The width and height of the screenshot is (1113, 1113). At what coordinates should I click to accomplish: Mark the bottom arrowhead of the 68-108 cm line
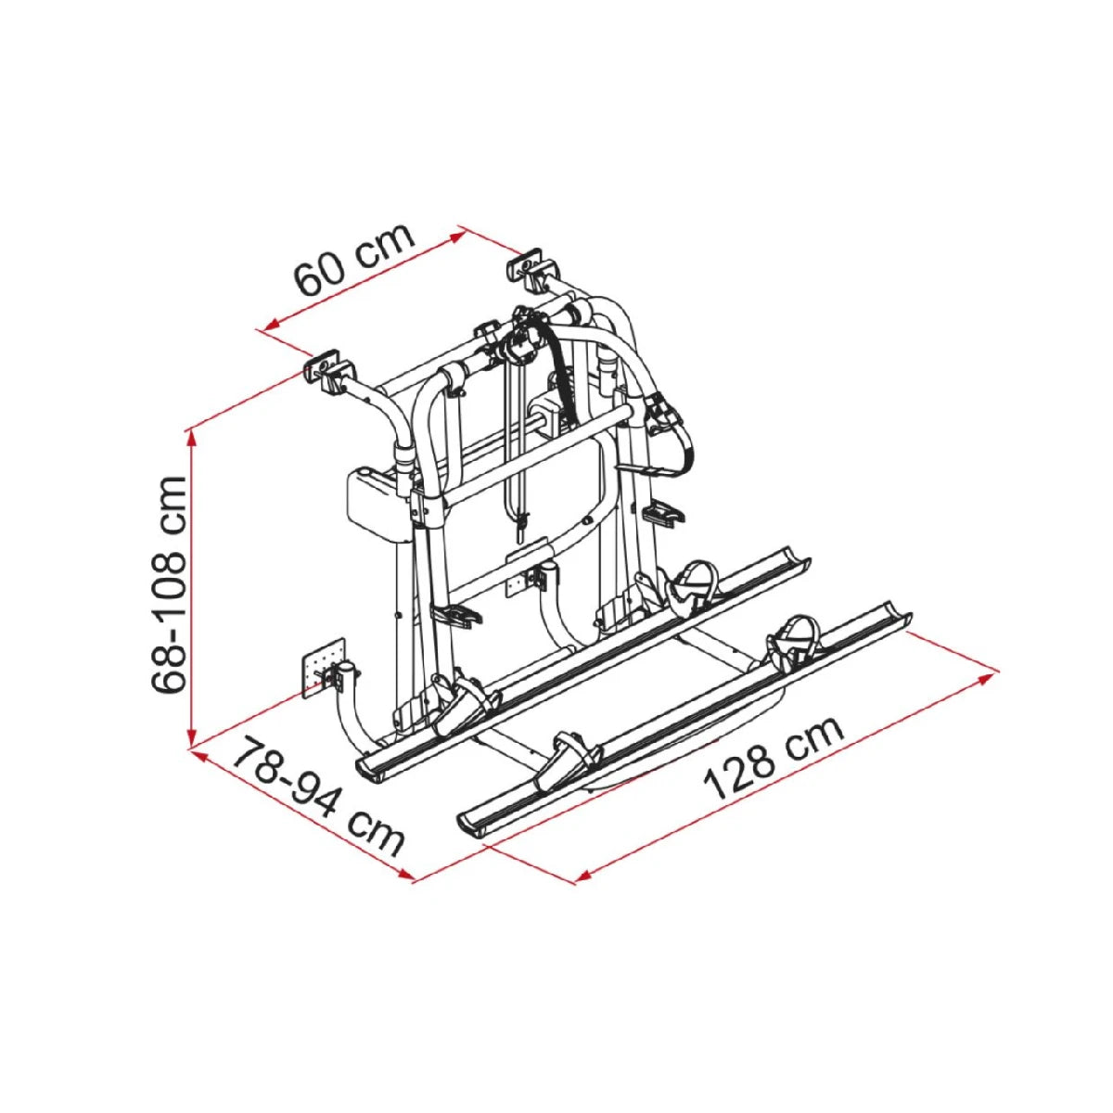(192, 740)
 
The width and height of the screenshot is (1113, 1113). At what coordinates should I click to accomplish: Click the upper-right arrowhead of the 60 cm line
(458, 237)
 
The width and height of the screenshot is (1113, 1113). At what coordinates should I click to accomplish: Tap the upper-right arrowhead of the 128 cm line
(988, 677)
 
